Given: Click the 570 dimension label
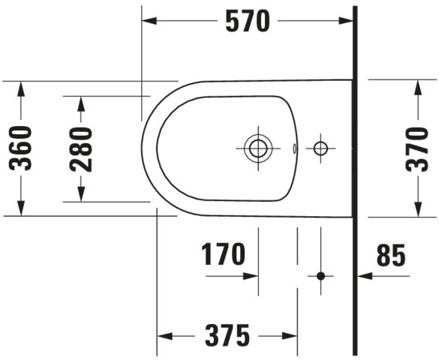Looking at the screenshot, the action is (x=248, y=21).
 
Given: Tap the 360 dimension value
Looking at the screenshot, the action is (x=20, y=148).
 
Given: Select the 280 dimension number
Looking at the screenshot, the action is (x=81, y=149).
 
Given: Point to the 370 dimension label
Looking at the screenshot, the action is (x=417, y=149).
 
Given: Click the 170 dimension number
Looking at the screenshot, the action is (x=223, y=254).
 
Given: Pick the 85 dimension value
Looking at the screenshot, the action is (x=391, y=255).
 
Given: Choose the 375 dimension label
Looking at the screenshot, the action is (x=227, y=335).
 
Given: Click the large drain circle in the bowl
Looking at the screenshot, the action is (x=258, y=148).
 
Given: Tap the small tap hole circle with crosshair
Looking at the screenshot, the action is (x=320, y=148).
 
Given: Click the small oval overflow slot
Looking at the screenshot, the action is (x=294, y=148).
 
